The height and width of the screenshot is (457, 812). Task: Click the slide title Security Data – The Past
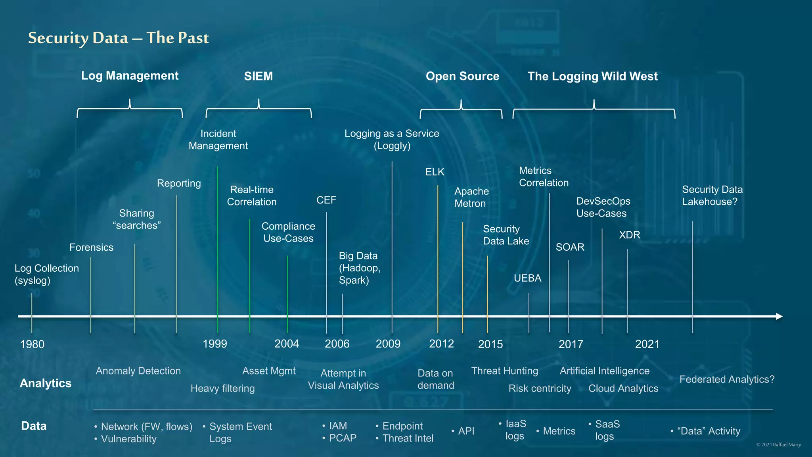click(x=118, y=38)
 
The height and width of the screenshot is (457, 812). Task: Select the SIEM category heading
click(x=258, y=76)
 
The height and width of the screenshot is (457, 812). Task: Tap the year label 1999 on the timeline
click(x=214, y=344)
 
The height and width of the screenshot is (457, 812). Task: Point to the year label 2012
click(x=441, y=344)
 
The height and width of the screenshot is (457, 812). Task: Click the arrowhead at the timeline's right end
click(x=779, y=316)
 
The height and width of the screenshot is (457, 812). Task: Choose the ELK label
click(x=435, y=172)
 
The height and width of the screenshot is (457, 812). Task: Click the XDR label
click(x=629, y=235)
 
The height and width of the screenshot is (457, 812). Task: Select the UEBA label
click(x=527, y=278)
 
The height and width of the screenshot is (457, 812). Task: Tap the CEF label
click(x=326, y=200)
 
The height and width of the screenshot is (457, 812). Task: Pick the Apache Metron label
click(x=471, y=197)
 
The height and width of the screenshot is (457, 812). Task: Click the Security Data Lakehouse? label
click(x=712, y=196)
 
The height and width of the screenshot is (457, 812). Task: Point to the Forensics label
click(x=91, y=248)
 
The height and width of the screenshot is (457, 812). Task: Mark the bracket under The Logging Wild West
click(x=594, y=109)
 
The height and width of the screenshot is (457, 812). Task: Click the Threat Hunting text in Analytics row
click(x=504, y=371)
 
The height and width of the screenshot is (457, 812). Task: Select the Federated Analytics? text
click(x=727, y=380)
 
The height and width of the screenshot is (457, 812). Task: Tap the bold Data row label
click(x=34, y=426)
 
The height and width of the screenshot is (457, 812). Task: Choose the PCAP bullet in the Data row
click(x=342, y=438)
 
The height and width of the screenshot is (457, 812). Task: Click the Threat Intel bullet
click(x=408, y=438)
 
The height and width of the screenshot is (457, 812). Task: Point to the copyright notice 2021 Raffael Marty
click(x=778, y=445)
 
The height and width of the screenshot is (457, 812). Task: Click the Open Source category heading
click(x=462, y=76)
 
